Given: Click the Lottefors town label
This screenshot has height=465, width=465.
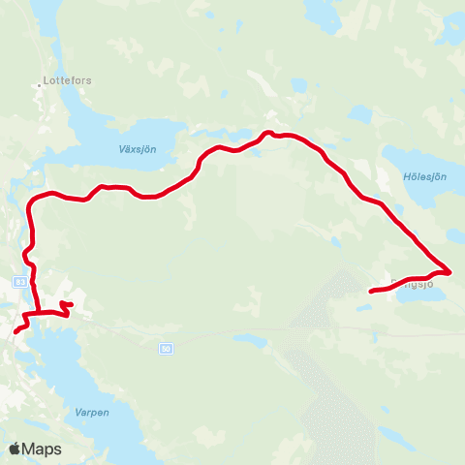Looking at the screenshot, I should [69, 80].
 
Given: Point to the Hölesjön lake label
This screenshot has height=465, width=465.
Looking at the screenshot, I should [423, 176].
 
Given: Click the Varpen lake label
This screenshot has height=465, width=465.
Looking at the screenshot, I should [93, 412].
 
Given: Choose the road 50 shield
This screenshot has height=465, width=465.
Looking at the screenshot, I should [166, 346].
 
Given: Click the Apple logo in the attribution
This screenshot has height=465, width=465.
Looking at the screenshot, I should [15, 449].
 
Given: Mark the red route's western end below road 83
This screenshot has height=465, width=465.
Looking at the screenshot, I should [15, 332].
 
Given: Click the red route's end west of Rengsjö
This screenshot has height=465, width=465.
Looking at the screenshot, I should [372, 291].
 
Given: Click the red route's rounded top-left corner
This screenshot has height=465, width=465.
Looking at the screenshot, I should [35, 199].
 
